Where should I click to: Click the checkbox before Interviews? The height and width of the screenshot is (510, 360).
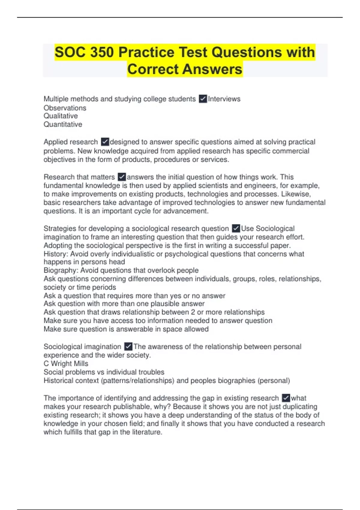203,99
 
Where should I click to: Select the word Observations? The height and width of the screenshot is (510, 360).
65,108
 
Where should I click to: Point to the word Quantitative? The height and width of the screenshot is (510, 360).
63,124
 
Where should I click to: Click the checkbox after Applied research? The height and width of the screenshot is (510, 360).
105,142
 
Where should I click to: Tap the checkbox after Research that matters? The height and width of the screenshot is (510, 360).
121,177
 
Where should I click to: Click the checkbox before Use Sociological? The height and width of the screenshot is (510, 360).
236,228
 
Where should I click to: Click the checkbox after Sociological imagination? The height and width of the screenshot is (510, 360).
128,346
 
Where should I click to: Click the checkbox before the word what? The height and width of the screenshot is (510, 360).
286,398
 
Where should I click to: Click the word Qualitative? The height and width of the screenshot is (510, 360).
61,116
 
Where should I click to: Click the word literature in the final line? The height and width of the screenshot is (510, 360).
145,432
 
